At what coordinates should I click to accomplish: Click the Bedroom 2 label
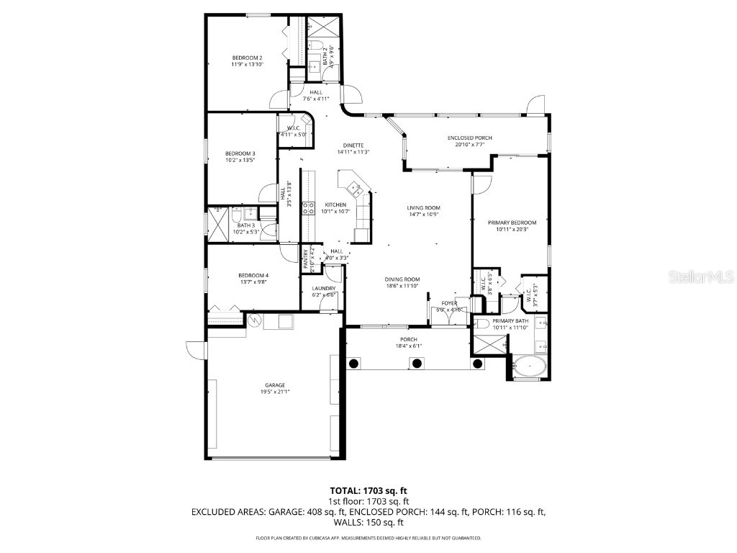(247, 58)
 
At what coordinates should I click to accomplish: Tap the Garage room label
(274, 385)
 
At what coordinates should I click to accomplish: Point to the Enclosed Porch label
(470, 138)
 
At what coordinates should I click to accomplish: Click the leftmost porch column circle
(353, 364)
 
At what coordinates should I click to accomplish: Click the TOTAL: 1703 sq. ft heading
(368, 490)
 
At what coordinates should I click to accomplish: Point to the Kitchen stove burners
(307, 209)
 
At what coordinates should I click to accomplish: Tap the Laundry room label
(324, 289)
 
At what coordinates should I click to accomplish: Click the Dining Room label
(402, 279)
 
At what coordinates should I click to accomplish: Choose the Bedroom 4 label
(253, 275)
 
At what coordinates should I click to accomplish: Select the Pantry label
(306, 258)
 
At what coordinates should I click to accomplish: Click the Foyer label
(449, 303)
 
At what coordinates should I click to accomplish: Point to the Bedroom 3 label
(240, 153)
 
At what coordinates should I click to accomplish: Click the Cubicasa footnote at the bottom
(368, 538)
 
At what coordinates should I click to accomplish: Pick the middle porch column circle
(415, 364)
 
